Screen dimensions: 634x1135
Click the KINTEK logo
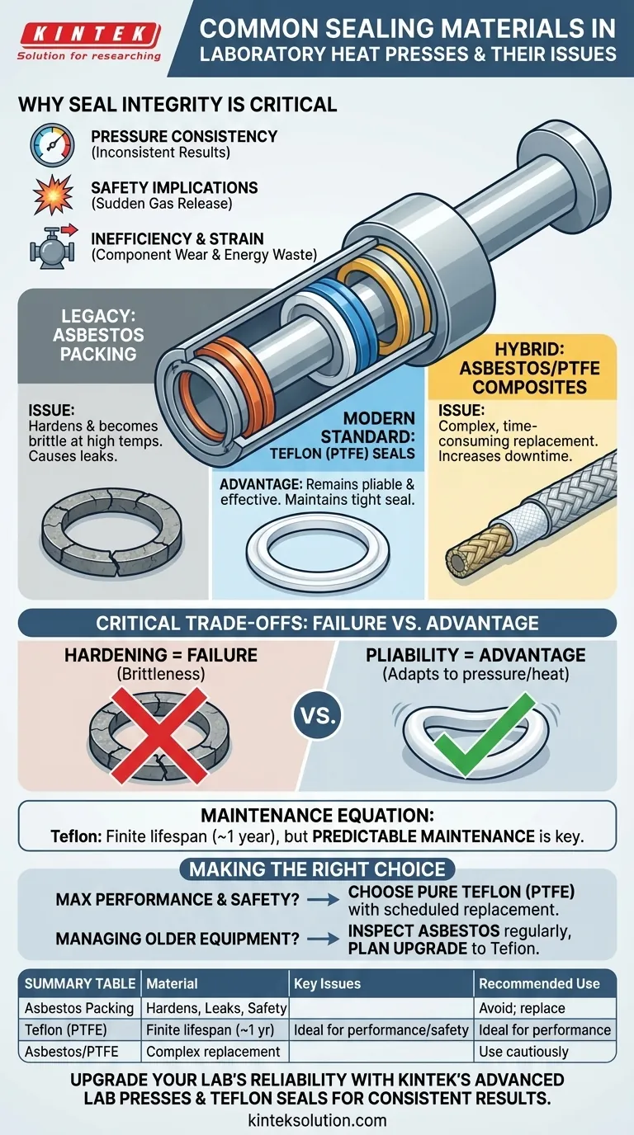click(x=89, y=41)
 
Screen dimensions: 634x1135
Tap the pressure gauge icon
click(x=52, y=145)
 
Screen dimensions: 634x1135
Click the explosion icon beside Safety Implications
click(x=53, y=195)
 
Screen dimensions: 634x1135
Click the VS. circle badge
click(x=318, y=715)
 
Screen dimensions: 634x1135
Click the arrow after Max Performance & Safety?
click(x=323, y=900)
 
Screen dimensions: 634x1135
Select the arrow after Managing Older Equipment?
click(x=323, y=939)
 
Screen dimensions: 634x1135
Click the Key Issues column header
click(x=327, y=983)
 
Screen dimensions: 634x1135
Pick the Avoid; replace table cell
click(x=522, y=1008)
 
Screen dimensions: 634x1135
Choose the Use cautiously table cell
click(x=523, y=1052)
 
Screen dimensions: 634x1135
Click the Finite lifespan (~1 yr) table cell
click(x=210, y=1029)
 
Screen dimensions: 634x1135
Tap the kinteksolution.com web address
click(x=318, y=1119)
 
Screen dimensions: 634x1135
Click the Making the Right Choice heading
click(x=318, y=869)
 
